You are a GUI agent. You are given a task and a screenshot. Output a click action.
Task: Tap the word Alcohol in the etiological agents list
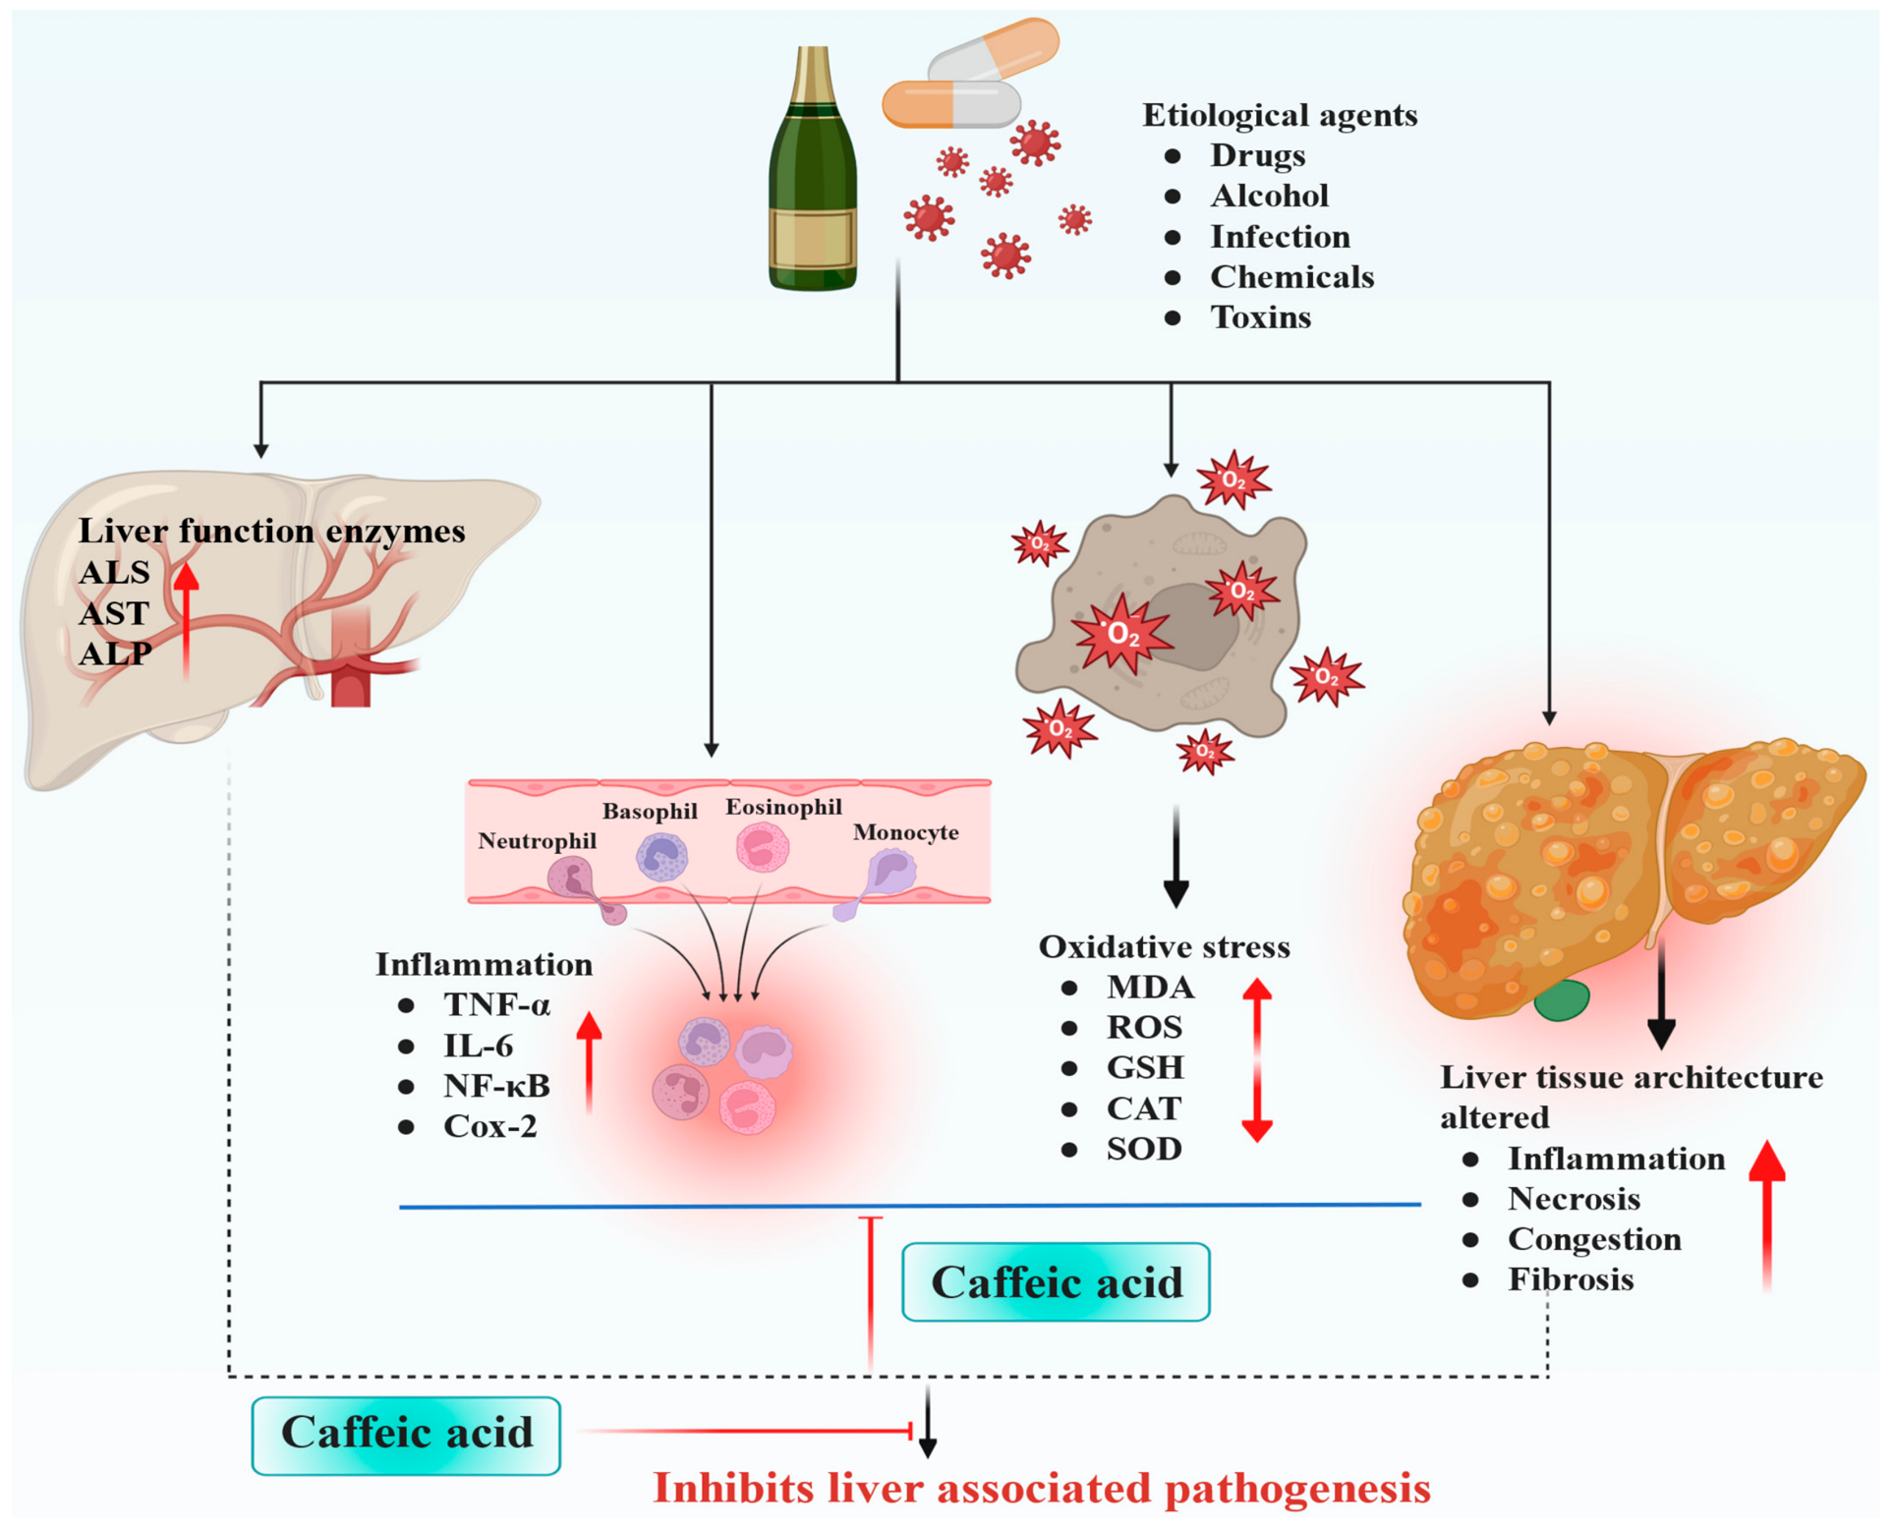tap(1269, 196)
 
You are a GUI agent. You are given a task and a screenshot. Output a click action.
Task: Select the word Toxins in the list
tap(1260, 317)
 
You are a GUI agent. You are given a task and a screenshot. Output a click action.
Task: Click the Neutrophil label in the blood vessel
tap(537, 841)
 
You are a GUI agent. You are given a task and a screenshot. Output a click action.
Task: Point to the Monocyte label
tap(905, 832)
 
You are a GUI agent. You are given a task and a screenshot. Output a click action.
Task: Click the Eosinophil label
tap(783, 807)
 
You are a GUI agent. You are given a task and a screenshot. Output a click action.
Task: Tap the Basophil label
tap(650, 811)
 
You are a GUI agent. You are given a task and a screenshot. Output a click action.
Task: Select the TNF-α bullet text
tap(496, 1004)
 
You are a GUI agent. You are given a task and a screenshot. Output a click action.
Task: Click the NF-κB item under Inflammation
tap(496, 1085)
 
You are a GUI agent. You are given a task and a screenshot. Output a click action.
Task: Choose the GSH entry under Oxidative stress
tap(1145, 1067)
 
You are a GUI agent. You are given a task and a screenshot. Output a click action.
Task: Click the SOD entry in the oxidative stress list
tap(1144, 1149)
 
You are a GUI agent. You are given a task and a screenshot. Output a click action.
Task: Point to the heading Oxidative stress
tap(1164, 946)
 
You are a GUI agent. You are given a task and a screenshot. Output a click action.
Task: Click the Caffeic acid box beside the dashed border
tap(406, 1435)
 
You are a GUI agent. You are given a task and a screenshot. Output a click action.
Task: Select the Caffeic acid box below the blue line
tap(1056, 1281)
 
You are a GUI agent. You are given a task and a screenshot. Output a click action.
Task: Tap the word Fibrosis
tap(1571, 1279)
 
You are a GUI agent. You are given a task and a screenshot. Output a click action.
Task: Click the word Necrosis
tap(1574, 1199)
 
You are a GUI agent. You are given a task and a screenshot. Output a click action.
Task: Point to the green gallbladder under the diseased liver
tap(1562, 999)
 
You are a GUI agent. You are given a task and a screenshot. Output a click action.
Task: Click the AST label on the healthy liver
tap(114, 613)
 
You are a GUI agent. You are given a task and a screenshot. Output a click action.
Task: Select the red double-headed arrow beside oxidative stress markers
tap(1257, 1059)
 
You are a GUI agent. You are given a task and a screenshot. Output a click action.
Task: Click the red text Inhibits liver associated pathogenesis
tap(1042, 1488)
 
